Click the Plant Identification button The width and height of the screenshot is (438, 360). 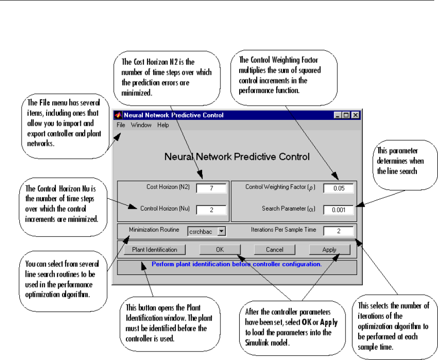point(155,250)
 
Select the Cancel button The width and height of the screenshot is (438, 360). point(274,250)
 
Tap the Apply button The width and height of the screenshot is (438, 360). point(329,250)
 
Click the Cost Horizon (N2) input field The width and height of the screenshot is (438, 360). point(211,188)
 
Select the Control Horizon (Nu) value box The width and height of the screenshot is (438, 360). point(211,210)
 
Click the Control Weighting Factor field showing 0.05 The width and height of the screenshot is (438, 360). point(338,188)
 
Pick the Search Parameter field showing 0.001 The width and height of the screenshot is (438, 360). point(338,210)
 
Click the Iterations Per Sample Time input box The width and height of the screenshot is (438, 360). point(338,231)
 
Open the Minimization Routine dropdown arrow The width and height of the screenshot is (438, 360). point(221,231)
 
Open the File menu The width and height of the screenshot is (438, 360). point(121,125)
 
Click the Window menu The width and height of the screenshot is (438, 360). point(141,125)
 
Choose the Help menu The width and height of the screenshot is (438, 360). point(163,125)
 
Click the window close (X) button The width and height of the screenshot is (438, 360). point(355,115)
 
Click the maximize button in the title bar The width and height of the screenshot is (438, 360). point(346,115)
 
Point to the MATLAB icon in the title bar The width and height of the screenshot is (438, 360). point(118,115)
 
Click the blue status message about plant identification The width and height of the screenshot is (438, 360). point(236,264)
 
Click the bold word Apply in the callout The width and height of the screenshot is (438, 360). point(329,322)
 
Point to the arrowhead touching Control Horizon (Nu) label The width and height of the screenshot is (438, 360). point(133,207)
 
